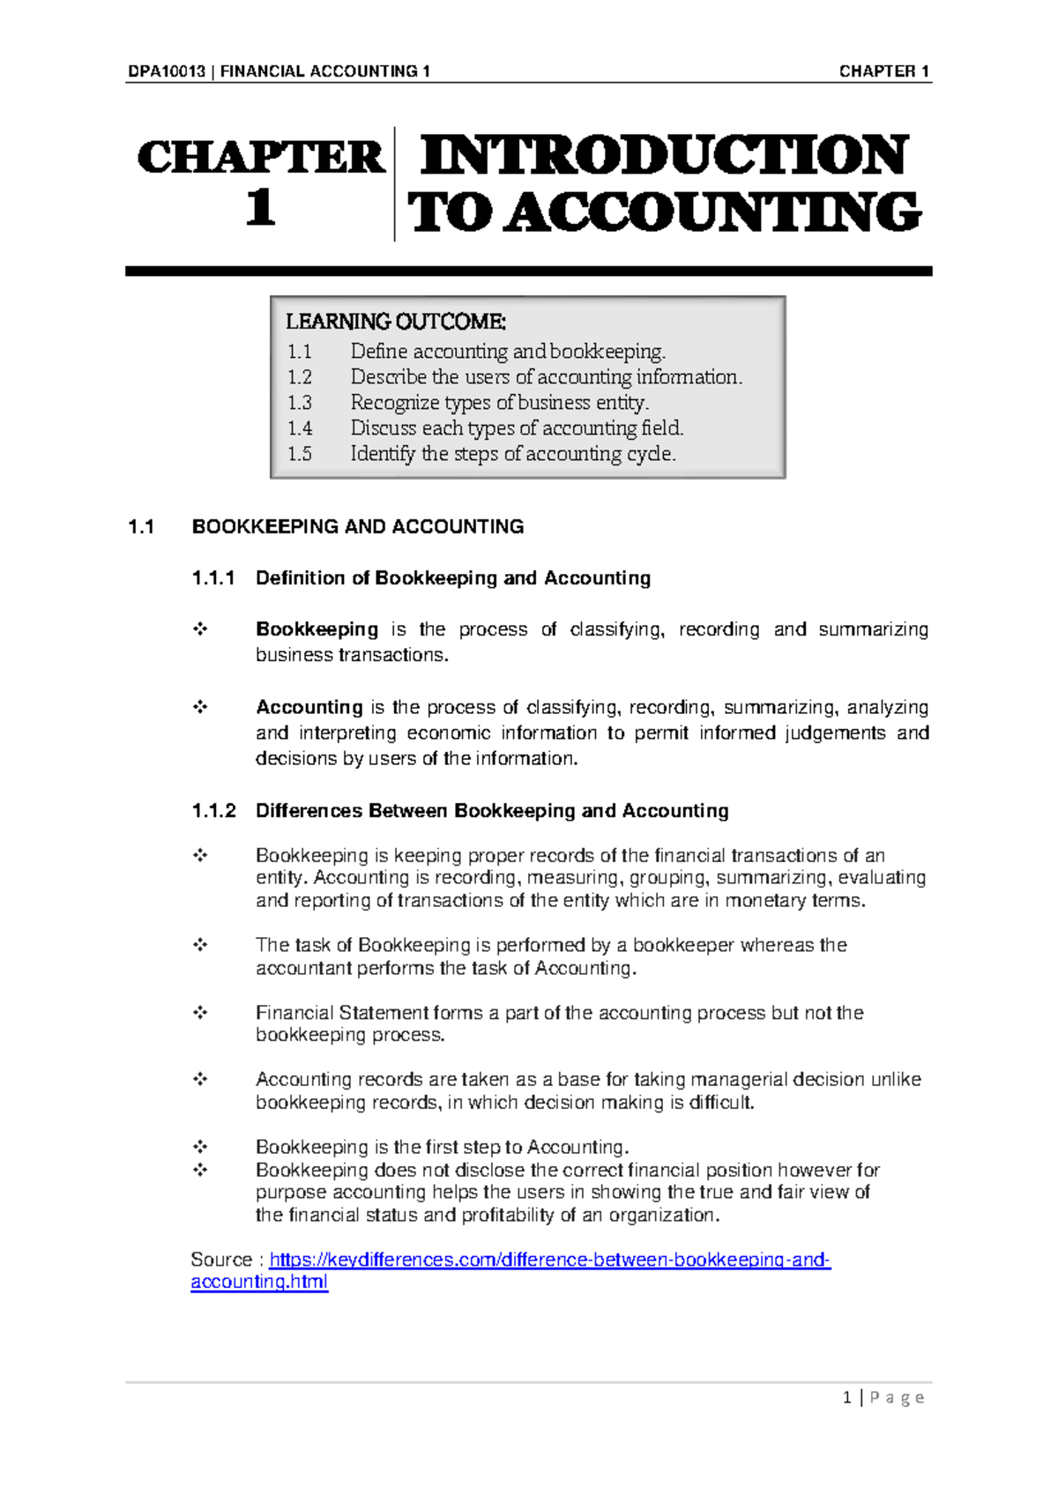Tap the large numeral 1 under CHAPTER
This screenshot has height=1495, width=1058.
point(260,209)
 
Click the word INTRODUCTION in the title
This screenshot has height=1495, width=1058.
point(664,155)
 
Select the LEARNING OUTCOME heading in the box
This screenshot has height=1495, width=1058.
point(396,321)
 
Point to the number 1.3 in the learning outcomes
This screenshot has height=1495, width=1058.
point(300,403)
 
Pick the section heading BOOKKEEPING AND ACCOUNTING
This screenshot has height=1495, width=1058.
point(358,527)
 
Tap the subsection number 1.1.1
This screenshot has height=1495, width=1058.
point(213,578)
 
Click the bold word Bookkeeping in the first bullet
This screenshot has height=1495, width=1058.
point(317,629)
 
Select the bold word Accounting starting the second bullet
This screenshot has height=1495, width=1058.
point(309,707)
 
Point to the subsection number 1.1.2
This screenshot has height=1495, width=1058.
point(213,811)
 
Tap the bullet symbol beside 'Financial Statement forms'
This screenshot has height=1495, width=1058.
point(200,1013)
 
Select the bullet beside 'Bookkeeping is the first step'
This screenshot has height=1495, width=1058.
point(200,1147)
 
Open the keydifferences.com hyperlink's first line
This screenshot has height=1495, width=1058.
point(549,1260)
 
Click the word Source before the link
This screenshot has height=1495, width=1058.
point(221,1260)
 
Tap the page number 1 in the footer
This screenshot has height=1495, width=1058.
point(847,1397)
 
